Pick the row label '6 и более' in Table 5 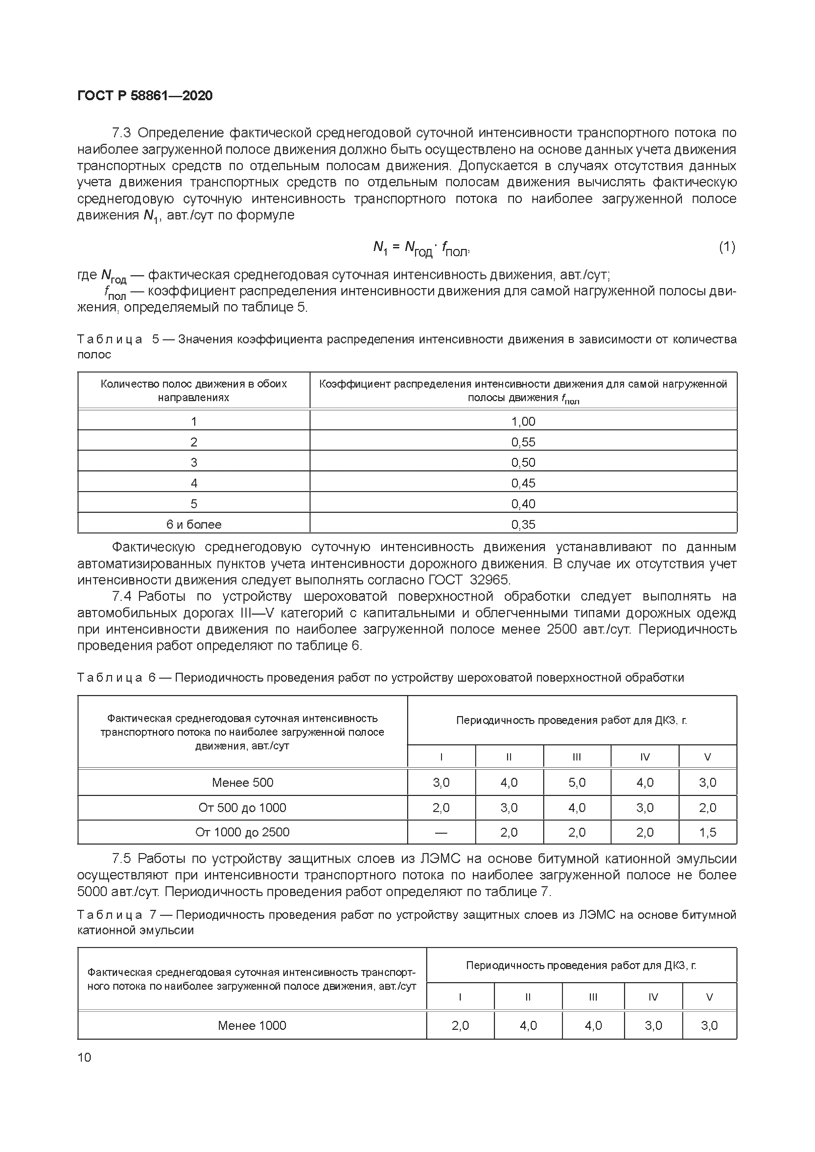point(194,524)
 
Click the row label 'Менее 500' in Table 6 point(243,782)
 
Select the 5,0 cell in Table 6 point(577,782)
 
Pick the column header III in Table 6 point(577,757)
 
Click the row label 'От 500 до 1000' point(243,807)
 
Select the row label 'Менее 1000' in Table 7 point(252,1025)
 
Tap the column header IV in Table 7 point(653,997)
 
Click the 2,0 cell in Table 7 point(460,1025)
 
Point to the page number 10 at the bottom point(85,1057)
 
